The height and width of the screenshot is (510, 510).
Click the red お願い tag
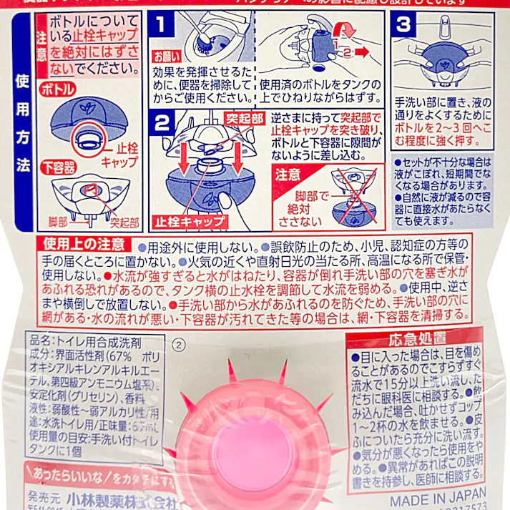pos(167,55)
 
